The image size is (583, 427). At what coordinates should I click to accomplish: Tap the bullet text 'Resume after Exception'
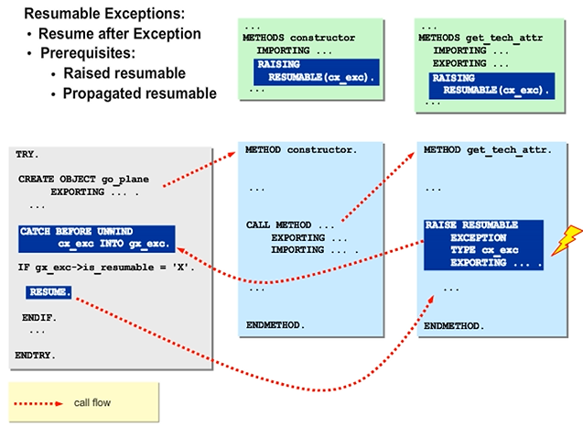(120, 34)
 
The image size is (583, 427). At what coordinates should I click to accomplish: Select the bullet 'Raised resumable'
(124, 73)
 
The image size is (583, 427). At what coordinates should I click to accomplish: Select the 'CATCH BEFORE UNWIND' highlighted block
(95, 238)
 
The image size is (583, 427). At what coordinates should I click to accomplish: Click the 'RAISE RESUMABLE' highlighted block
(483, 244)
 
